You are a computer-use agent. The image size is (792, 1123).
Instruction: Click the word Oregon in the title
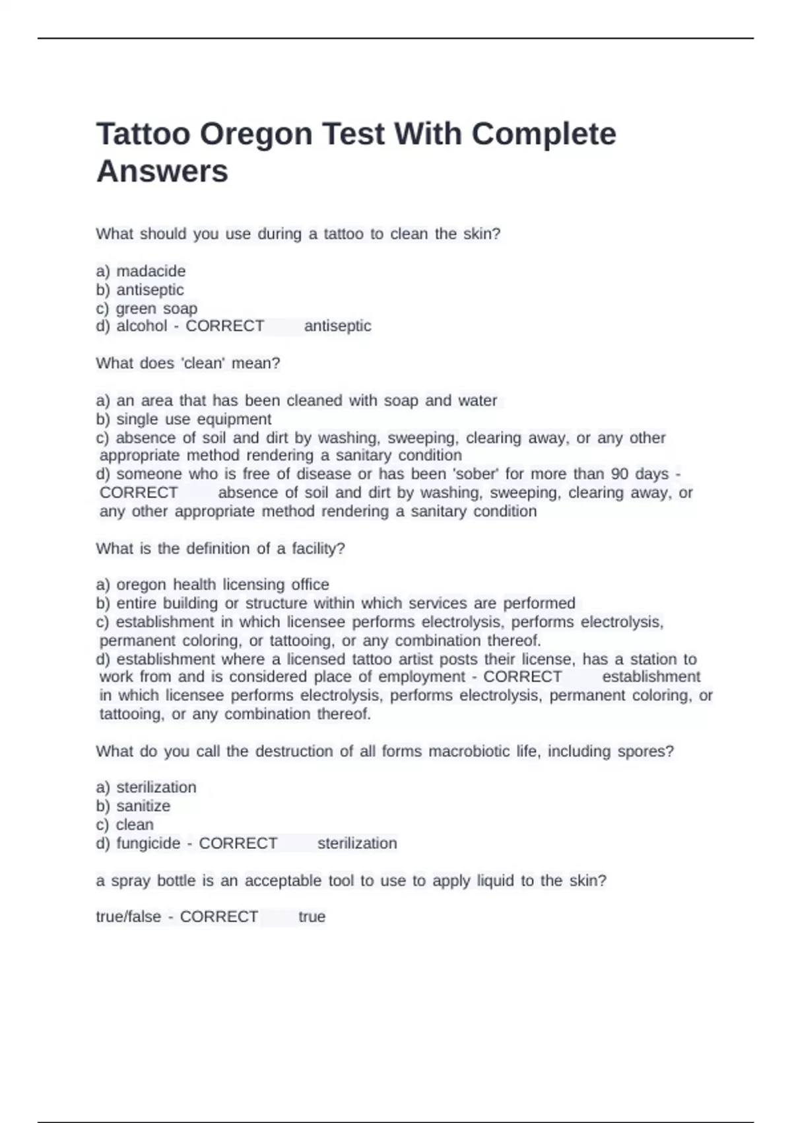pyautogui.click(x=256, y=134)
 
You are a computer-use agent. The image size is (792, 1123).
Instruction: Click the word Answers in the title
pyautogui.click(x=162, y=171)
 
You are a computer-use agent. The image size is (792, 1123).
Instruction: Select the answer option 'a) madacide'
pyautogui.click(x=141, y=271)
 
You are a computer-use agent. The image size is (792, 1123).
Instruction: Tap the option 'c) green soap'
pyautogui.click(x=147, y=308)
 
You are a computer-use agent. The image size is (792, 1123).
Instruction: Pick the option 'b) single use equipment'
pyautogui.click(x=183, y=419)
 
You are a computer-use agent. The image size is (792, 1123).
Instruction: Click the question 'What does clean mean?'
pyautogui.click(x=188, y=363)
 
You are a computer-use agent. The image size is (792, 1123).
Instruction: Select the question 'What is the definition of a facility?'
pyautogui.click(x=220, y=549)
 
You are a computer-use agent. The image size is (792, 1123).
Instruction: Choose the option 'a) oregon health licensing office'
pyautogui.click(x=213, y=585)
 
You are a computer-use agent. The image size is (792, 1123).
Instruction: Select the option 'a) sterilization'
pyautogui.click(x=146, y=787)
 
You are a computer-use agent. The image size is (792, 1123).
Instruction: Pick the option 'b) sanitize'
pyautogui.click(x=133, y=806)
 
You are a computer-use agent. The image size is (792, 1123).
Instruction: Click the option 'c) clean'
pyautogui.click(x=125, y=825)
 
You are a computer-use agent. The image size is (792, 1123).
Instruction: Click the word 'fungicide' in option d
pyautogui.click(x=148, y=844)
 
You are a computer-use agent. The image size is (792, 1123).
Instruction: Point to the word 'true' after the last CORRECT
pyautogui.click(x=312, y=917)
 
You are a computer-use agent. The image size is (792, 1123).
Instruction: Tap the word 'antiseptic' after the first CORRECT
pyautogui.click(x=337, y=326)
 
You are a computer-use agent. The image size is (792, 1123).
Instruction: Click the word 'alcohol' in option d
pyautogui.click(x=142, y=326)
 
